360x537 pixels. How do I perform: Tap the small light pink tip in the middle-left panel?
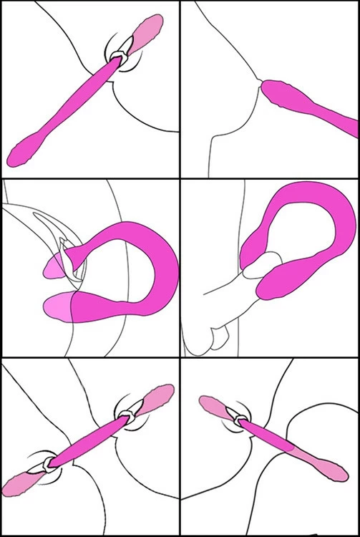[x=53, y=267]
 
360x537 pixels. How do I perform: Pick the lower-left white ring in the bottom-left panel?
[x=47, y=464]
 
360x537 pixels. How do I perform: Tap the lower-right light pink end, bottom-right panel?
[x=329, y=465]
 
